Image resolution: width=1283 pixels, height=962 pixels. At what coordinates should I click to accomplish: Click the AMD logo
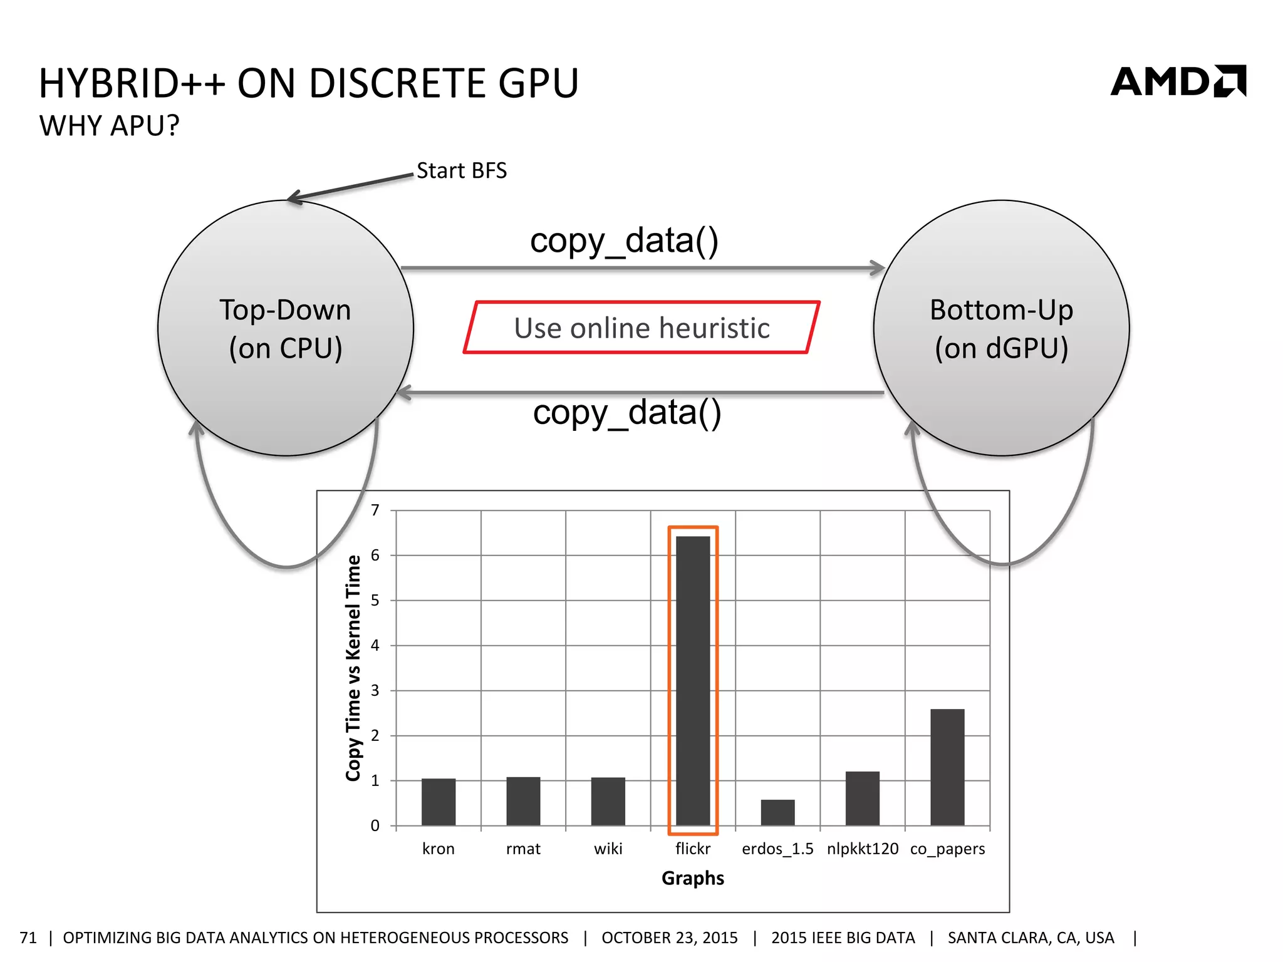coord(1178,81)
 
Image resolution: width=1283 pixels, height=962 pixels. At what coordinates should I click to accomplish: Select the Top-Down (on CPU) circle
coord(286,328)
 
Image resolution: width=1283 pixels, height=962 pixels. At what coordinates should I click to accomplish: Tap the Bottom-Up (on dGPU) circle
coord(1001,328)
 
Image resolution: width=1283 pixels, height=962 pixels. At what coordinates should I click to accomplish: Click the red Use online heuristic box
coord(641,328)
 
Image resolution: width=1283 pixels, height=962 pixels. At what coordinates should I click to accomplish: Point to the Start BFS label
coord(462,170)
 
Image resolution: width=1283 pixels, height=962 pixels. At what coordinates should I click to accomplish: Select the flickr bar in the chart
coord(693,681)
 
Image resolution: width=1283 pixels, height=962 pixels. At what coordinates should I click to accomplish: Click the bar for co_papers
coord(947,767)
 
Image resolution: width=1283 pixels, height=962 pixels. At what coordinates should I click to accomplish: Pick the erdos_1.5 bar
coord(777,812)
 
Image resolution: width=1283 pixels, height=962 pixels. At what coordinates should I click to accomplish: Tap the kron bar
coord(439,802)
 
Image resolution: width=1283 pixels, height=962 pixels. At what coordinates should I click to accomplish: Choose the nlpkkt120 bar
coord(863,799)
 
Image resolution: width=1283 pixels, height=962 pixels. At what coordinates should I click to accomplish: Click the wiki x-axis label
coord(608,849)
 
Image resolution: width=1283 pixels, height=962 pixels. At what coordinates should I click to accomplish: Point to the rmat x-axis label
coord(523,849)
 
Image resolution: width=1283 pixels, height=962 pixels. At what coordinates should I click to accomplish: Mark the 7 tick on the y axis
coord(375,510)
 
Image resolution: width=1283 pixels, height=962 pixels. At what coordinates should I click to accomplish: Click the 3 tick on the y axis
coord(375,690)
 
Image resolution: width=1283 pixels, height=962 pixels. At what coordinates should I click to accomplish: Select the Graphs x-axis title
coord(693,878)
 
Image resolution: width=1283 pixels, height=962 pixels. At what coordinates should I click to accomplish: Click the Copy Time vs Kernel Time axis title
coord(354,668)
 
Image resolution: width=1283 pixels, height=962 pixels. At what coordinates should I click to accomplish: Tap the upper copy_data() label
coord(624,240)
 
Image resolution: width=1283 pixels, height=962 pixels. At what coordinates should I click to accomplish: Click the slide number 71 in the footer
coord(28,938)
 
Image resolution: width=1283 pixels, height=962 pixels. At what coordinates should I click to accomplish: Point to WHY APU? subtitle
coord(110,126)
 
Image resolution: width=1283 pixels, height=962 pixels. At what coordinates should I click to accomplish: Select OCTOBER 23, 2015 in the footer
coord(670,938)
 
